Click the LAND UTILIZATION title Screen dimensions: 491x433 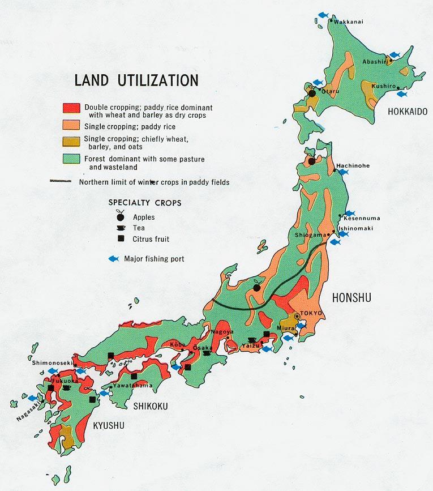pos(136,80)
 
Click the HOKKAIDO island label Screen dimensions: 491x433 pos(407,112)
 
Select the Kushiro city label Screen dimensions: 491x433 pos(383,84)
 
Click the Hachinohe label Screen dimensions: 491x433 pos(353,165)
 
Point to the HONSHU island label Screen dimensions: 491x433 pos(351,297)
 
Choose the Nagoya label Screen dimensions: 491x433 pos(221,331)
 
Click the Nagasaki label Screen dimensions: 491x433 pos(27,410)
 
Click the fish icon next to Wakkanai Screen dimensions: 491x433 pos(323,15)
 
